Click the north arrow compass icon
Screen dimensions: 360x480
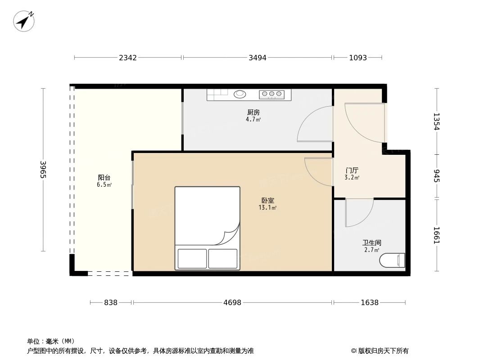point(23,21)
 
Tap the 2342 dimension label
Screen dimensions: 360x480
point(128,58)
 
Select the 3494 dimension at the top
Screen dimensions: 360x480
point(258,58)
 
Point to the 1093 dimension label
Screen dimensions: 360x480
point(358,58)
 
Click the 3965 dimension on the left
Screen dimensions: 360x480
point(43,169)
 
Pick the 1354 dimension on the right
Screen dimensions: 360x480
point(436,121)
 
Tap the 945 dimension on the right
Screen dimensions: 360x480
point(436,175)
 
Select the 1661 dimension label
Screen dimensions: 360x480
point(436,235)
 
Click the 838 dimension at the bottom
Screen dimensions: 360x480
point(111,303)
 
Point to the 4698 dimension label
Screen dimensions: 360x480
point(232,303)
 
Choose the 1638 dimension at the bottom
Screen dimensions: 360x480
point(369,303)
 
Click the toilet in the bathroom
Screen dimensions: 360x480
point(392,260)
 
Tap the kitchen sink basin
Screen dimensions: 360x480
point(240,94)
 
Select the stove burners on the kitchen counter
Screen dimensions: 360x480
point(272,94)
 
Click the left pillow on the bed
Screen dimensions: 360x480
point(192,258)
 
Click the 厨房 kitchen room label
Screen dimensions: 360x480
point(253,112)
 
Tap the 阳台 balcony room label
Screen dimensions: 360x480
point(104,177)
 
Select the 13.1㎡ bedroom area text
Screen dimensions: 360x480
point(267,208)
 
